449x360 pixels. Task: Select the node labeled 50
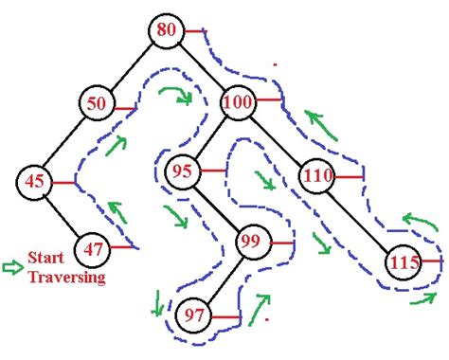point(97,104)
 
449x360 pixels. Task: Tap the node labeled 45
point(34,181)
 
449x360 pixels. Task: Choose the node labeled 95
point(183,171)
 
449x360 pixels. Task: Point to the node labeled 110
point(317,175)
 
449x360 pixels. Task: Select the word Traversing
point(66,277)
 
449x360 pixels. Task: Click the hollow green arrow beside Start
point(12,266)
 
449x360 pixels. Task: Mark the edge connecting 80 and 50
point(133,66)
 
